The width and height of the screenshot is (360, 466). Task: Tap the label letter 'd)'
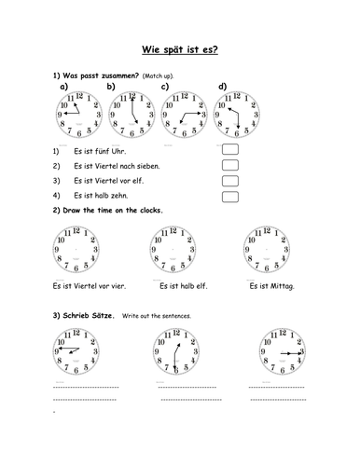click(x=222, y=86)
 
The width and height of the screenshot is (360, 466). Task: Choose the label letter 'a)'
click(x=63, y=86)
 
